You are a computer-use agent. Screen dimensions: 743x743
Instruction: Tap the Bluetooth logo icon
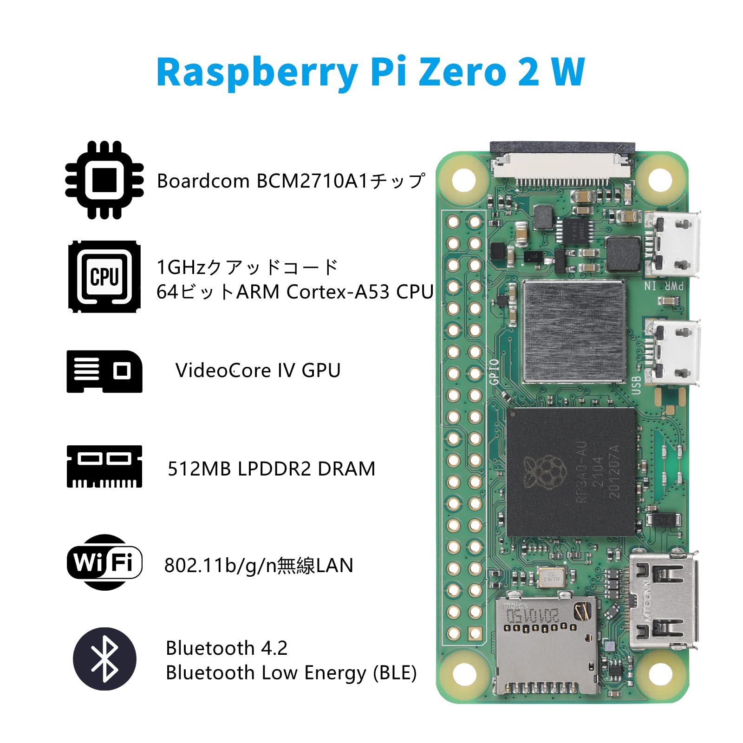[x=104, y=658]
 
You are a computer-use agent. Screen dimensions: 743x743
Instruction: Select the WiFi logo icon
[x=104, y=562]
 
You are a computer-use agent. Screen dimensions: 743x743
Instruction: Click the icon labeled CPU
[x=104, y=276]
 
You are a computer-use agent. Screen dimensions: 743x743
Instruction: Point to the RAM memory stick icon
[x=104, y=466]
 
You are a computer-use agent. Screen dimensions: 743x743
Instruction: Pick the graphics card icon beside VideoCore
[x=104, y=371]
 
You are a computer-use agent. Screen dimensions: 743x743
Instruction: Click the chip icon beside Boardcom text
[x=104, y=180]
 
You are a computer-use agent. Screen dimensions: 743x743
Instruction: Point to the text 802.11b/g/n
[x=220, y=566]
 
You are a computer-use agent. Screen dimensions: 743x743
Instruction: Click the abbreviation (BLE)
[x=395, y=673]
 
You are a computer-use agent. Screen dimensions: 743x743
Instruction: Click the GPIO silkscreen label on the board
[x=494, y=371]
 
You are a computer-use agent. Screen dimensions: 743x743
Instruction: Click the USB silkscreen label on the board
[x=637, y=385]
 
